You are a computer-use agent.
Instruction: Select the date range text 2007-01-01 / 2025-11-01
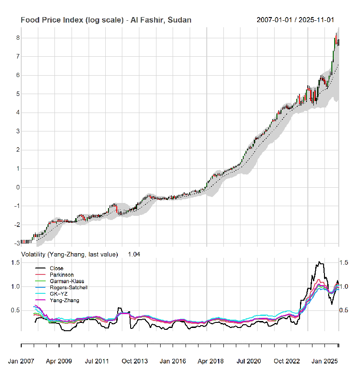click(295, 20)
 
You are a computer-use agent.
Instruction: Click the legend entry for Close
click(56, 268)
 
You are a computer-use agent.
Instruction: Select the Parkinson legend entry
click(61, 275)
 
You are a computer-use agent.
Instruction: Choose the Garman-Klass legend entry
click(67, 281)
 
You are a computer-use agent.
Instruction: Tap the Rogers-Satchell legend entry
click(69, 287)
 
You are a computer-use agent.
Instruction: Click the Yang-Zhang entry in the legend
click(64, 300)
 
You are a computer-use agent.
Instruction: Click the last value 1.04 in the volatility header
click(134, 254)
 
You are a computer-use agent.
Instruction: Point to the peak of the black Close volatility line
click(318, 262)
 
